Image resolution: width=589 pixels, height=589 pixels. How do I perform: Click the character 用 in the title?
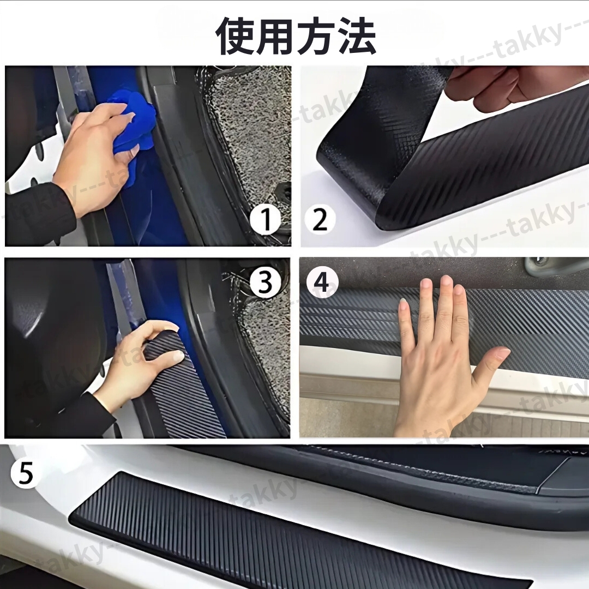(x=276, y=36)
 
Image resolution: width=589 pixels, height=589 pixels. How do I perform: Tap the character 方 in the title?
(x=316, y=36)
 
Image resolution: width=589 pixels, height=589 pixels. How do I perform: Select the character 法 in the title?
(x=356, y=36)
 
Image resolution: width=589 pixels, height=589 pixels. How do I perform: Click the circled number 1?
(x=266, y=220)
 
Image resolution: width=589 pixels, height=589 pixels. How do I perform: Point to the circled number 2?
(x=320, y=220)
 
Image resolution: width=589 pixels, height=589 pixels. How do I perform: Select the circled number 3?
(x=266, y=283)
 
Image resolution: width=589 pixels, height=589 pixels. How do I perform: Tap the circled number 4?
(x=322, y=282)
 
